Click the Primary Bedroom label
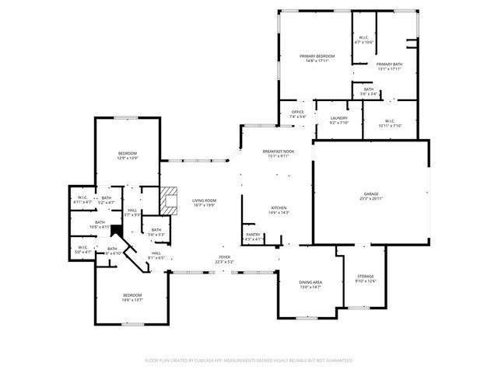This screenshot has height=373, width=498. point(317,59)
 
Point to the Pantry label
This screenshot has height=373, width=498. point(253,236)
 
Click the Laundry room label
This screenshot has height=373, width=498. point(338,120)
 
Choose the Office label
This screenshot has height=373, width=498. point(297,114)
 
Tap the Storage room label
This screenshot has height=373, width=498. point(366,279)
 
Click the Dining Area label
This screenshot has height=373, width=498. point(310,284)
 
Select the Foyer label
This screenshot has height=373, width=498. point(224,260)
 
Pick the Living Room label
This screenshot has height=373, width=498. point(204,203)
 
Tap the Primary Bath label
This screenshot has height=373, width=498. point(388,66)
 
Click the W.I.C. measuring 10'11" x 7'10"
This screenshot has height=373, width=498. point(388,123)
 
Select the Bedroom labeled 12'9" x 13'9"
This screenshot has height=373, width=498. point(128,155)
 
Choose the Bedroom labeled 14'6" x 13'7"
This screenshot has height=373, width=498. point(132,297)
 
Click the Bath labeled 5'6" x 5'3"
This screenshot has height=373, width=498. point(156,232)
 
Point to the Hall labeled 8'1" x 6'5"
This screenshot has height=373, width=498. point(156,255)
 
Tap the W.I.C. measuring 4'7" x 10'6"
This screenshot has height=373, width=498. point(363,40)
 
